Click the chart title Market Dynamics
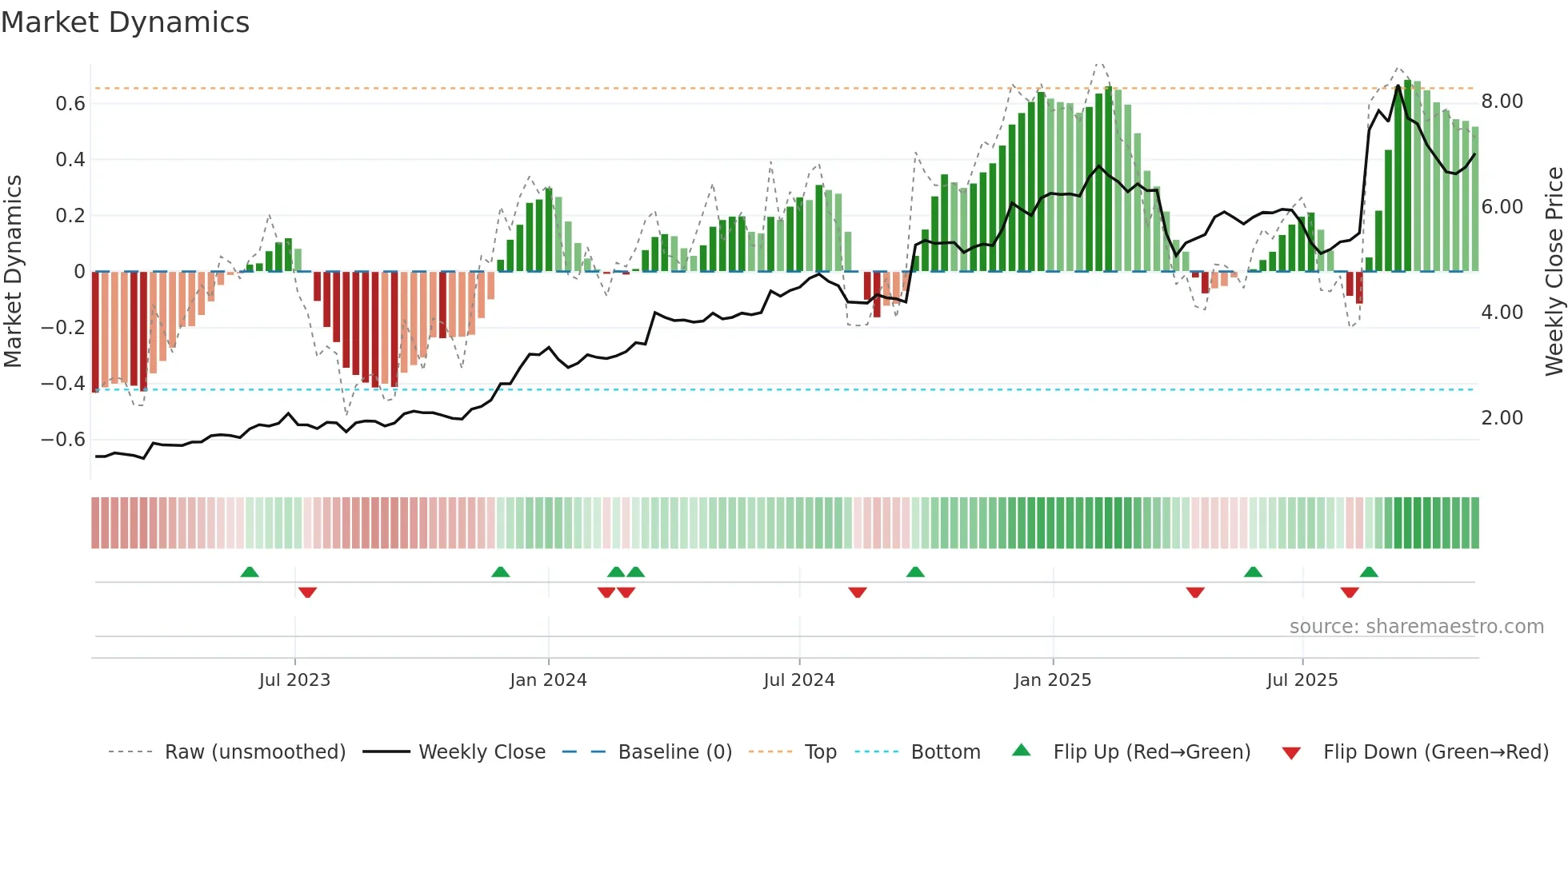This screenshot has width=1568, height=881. (126, 22)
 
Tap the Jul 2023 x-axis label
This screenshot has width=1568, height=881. (294, 680)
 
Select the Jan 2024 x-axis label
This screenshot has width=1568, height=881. (548, 680)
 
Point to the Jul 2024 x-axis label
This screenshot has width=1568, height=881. (798, 680)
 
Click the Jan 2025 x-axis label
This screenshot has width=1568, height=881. (1052, 680)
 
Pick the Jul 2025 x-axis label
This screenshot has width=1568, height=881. (1302, 680)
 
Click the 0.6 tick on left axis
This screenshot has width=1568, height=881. (70, 104)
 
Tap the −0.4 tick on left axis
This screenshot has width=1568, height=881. (63, 384)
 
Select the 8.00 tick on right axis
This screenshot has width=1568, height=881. (1502, 102)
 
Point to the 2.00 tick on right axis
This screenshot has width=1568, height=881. (1502, 418)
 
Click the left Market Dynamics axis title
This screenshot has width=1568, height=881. (13, 271)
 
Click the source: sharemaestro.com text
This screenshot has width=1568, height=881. (1416, 627)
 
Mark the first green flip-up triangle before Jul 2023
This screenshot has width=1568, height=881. (250, 572)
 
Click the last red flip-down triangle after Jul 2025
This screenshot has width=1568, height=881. (1350, 592)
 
